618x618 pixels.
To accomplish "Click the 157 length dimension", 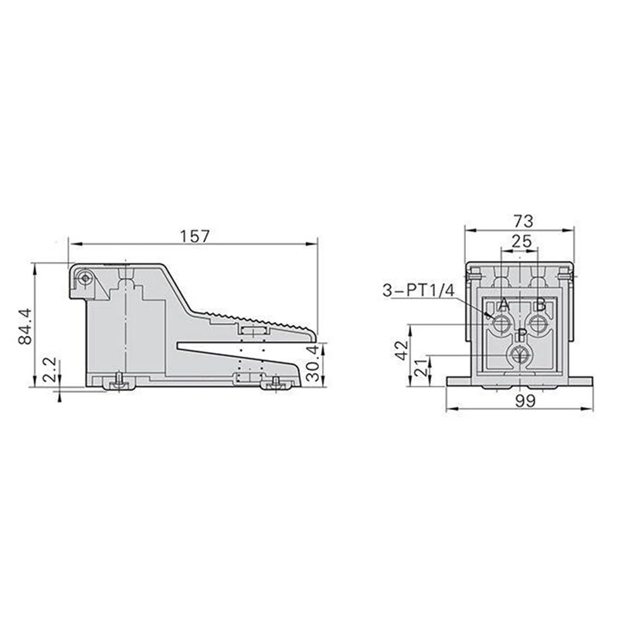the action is click(195, 236).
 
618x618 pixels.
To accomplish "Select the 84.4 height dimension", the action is click(25, 327).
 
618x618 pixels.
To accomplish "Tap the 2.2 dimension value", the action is click(51, 371).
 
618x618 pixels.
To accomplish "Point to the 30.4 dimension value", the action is click(313, 363).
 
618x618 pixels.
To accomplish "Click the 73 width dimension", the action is click(524, 221).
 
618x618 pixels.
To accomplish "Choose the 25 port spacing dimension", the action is click(521, 241).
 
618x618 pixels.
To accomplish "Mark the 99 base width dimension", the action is click(525, 401).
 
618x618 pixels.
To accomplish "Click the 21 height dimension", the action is click(422, 368).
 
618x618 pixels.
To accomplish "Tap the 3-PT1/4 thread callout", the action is click(419, 291).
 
